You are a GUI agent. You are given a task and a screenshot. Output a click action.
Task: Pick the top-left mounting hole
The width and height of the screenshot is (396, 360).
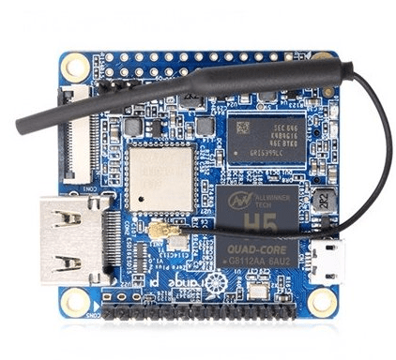78,66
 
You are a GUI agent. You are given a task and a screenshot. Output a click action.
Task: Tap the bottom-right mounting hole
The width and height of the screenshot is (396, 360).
324,301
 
